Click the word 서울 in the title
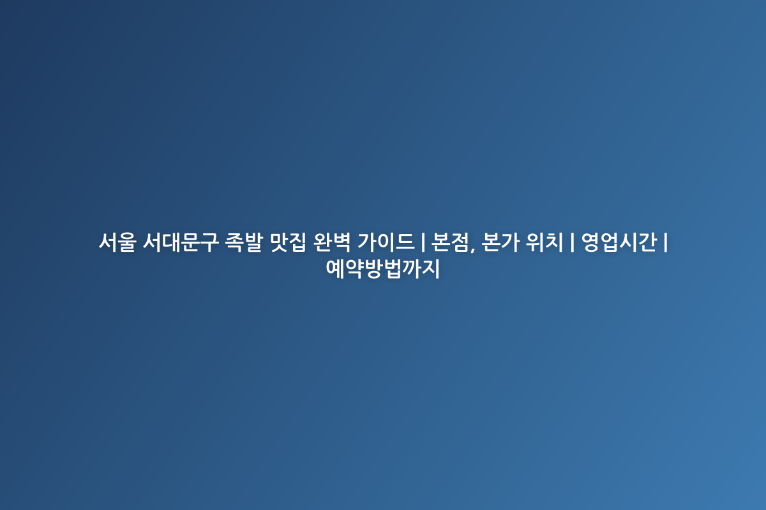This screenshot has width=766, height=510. (117, 242)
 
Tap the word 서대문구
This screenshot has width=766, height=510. (181, 242)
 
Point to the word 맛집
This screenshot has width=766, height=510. (288, 242)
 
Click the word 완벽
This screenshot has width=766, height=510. (332, 242)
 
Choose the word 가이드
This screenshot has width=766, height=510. (386, 242)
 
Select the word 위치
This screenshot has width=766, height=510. (544, 242)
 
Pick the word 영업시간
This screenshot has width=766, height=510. (619, 242)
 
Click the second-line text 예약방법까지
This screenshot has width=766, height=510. (382, 268)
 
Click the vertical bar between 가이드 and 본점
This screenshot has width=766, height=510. (423, 242)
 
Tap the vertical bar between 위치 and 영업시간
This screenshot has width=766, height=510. (572, 242)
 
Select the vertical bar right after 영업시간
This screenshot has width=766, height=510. (665, 242)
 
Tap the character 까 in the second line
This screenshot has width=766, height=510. (411, 268)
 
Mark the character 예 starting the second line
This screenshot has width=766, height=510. (335, 268)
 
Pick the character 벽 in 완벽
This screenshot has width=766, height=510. (342, 242)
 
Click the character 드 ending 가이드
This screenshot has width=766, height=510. (405, 242)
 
